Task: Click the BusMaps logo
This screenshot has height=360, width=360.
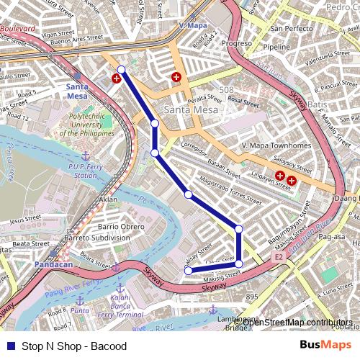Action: (x=327, y=346)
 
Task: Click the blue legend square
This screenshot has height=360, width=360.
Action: (x=9, y=346)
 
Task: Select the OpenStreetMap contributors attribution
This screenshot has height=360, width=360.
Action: (x=297, y=322)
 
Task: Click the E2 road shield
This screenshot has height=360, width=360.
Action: (x=279, y=256)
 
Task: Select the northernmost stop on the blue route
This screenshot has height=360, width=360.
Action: (x=121, y=70)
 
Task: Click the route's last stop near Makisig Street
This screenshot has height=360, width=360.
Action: (x=188, y=271)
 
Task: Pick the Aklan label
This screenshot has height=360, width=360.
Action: (x=108, y=199)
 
